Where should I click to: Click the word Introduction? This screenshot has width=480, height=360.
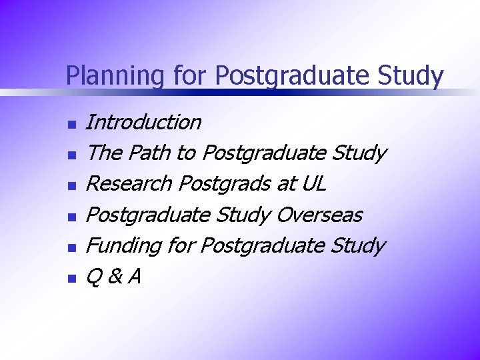click(143, 122)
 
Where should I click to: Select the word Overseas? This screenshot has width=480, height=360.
click(319, 215)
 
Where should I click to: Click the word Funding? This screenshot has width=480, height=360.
click(124, 245)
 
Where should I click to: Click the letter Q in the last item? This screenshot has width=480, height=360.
click(94, 276)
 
